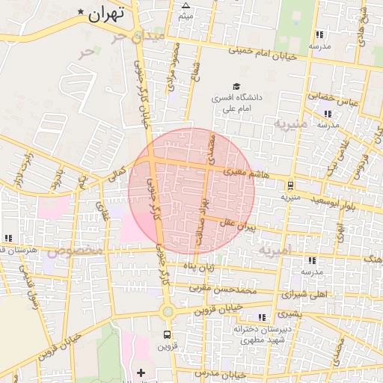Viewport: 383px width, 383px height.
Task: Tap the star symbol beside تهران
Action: pos(81,13)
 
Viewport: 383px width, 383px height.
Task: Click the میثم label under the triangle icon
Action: pos(186,15)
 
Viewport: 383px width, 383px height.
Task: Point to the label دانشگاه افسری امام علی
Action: pos(239,103)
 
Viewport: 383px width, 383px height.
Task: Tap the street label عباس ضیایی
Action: pos(328,96)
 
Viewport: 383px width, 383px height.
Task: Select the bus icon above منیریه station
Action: pos(290,186)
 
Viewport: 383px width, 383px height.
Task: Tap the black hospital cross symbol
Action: pos(141,372)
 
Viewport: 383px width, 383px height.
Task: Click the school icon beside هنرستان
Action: pos(8,238)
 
